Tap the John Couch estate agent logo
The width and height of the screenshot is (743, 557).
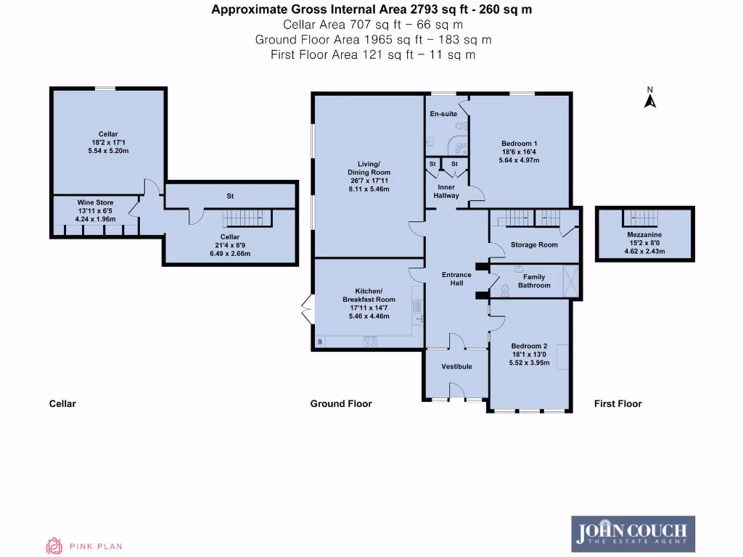point(633,534)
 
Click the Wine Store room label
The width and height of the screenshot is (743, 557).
point(96,202)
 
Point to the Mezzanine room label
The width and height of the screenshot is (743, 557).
point(644,235)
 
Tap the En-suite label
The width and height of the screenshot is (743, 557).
point(443,115)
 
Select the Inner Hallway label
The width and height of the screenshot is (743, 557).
point(446,191)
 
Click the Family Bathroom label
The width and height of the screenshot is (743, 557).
point(534,281)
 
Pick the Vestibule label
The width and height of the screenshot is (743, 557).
point(456,366)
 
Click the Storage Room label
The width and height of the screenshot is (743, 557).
point(534,245)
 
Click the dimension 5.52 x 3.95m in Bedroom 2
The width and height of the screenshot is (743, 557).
point(529,363)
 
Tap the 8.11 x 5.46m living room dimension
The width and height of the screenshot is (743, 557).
point(369,189)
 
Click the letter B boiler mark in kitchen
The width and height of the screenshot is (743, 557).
point(319,342)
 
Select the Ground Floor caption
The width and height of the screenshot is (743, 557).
point(341,404)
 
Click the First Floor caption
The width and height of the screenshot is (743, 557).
point(617,404)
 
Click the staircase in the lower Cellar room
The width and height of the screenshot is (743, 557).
point(245,218)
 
